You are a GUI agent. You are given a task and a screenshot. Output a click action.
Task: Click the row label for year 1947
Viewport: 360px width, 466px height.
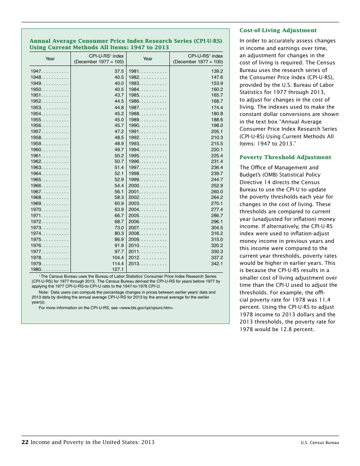click(x=36, y=71)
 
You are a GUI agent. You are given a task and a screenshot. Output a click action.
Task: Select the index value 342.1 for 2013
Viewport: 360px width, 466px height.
click(x=217, y=264)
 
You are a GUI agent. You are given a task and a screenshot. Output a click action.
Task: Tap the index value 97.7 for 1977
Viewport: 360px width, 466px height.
click(x=119, y=252)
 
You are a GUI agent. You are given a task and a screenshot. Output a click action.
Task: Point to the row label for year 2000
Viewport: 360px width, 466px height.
click(x=134, y=186)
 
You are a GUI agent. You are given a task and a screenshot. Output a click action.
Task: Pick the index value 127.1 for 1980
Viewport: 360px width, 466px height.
click(x=118, y=269)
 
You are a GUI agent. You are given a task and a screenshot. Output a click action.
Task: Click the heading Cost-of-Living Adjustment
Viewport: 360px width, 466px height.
click(x=278, y=30)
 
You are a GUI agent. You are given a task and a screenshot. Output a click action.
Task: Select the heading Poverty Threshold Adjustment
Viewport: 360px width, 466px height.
click(x=285, y=157)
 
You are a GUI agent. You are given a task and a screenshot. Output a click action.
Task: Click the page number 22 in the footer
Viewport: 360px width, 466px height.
click(x=25, y=442)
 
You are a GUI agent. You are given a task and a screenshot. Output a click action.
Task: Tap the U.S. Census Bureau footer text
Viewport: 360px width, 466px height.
click(x=320, y=443)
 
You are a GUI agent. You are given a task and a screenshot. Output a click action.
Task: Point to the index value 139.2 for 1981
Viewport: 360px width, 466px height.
click(x=217, y=71)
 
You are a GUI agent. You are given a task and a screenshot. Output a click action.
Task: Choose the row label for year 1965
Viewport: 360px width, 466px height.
click(x=36, y=180)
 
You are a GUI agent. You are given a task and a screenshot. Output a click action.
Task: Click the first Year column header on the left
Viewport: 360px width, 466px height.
click(x=50, y=59)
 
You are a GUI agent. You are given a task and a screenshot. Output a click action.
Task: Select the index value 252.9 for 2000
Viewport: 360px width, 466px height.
click(x=217, y=186)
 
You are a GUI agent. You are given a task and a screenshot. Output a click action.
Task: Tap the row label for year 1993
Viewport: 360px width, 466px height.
click(x=134, y=144)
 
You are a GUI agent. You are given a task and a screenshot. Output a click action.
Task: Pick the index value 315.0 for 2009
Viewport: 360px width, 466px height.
click(x=217, y=239)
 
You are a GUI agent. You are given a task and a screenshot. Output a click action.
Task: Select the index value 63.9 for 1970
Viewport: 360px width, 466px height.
click(x=119, y=210)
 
